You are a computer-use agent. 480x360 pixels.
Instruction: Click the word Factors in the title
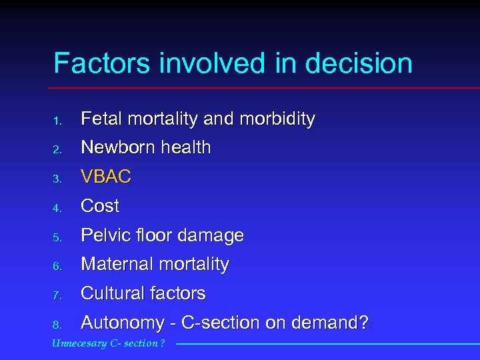(102, 64)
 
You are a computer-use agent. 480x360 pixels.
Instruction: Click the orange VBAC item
(106, 177)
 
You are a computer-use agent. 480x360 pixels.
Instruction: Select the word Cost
(100, 206)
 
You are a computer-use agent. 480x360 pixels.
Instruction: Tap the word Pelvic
(104, 235)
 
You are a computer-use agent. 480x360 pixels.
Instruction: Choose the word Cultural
(110, 293)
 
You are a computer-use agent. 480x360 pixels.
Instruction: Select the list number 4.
(58, 207)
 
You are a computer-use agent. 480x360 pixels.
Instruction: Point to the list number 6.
(58, 266)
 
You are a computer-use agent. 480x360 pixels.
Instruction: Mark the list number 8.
(58, 325)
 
